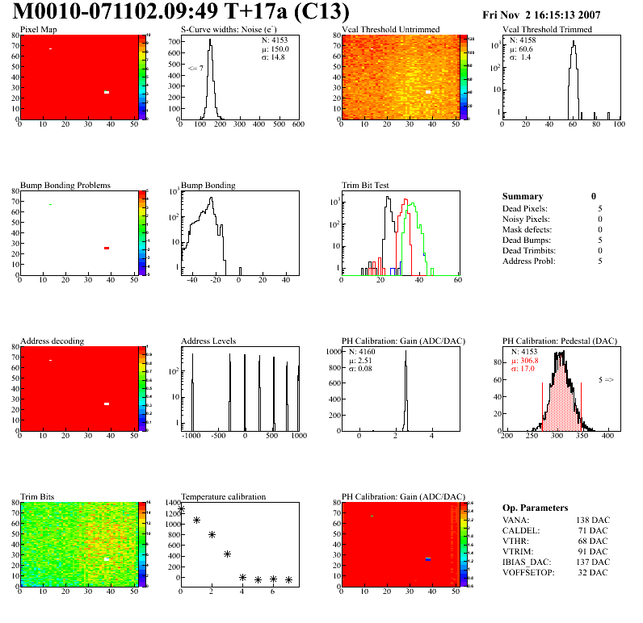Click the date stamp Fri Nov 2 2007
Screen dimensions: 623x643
point(540,15)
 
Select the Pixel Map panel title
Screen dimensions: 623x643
point(38,30)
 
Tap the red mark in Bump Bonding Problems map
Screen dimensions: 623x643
point(106,248)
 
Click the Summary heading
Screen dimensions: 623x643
point(522,196)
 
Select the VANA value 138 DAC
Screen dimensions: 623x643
point(593,520)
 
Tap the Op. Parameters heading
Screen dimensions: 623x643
point(535,508)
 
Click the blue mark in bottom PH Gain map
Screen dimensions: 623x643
point(429,558)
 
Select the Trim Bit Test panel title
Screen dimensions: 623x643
point(365,186)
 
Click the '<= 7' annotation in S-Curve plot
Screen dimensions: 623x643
point(195,68)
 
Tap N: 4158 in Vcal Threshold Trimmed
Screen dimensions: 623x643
point(521,40)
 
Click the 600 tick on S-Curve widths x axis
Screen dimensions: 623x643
point(297,124)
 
